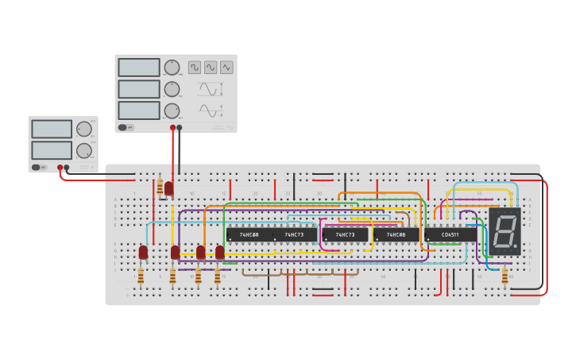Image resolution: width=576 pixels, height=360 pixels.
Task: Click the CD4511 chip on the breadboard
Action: (x=450, y=234)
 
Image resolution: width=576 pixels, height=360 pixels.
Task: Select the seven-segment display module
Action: (x=504, y=232)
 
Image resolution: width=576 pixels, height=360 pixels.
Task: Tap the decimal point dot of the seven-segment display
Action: (x=517, y=249)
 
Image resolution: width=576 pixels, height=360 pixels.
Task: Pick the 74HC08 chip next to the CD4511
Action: (x=396, y=235)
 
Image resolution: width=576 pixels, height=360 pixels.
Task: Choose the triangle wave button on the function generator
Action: (x=226, y=68)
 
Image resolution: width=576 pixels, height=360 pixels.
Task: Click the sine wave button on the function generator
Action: (x=211, y=68)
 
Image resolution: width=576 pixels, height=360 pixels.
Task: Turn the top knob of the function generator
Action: (x=172, y=68)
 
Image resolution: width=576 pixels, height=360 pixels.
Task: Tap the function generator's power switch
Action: (x=126, y=127)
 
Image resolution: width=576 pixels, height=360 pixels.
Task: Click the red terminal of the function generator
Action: (x=172, y=127)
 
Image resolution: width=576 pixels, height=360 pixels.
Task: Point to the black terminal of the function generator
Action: (x=180, y=127)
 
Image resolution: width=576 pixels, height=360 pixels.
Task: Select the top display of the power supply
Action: (x=52, y=129)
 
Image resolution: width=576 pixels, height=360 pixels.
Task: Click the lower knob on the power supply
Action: (x=83, y=150)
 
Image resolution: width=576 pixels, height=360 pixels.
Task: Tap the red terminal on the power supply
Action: (x=60, y=168)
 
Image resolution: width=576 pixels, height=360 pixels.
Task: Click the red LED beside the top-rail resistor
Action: (x=168, y=188)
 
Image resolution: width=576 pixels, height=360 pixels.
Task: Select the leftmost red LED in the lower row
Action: (x=143, y=252)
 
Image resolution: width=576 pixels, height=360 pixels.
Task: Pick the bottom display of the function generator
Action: (x=139, y=110)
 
